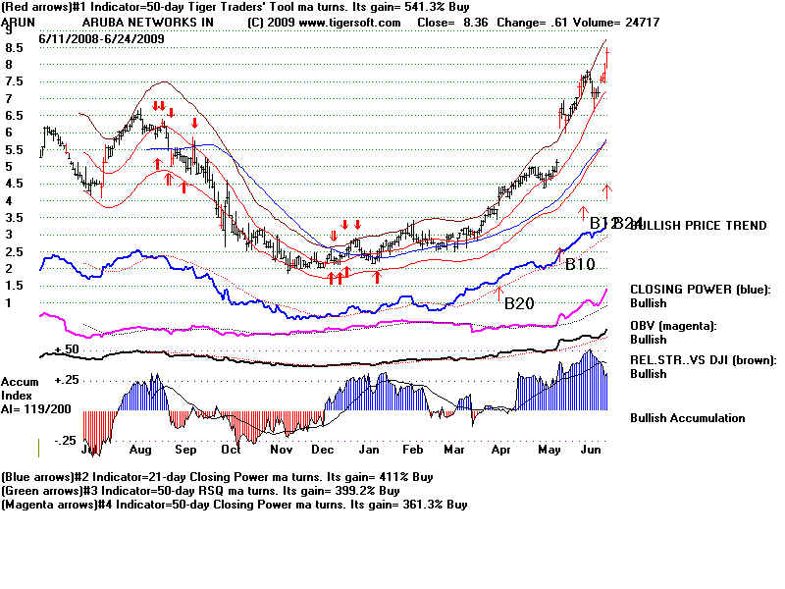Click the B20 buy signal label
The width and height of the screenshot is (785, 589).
(x=520, y=303)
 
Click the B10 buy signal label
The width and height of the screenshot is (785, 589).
(x=580, y=264)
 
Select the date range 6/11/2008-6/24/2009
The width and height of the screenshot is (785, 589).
(x=101, y=37)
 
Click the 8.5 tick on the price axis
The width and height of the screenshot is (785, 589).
(x=15, y=47)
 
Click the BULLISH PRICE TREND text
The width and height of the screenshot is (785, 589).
(x=699, y=226)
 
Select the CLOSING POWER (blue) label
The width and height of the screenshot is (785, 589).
(x=701, y=290)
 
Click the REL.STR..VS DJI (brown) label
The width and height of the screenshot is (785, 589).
(x=703, y=360)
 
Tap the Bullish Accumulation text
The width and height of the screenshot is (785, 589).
(x=687, y=418)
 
